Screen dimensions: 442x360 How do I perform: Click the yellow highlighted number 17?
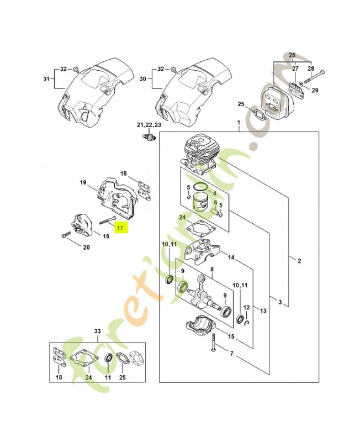[x=120, y=227]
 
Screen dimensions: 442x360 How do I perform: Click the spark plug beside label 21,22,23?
[x=148, y=136]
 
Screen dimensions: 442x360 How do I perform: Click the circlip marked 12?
[x=249, y=322]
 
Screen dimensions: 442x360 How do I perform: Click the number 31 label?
[x=46, y=79]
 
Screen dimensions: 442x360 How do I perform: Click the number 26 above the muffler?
[x=292, y=55]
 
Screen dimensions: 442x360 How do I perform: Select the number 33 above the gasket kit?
[x=97, y=331]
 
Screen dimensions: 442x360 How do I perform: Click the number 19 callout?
[x=83, y=183]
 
